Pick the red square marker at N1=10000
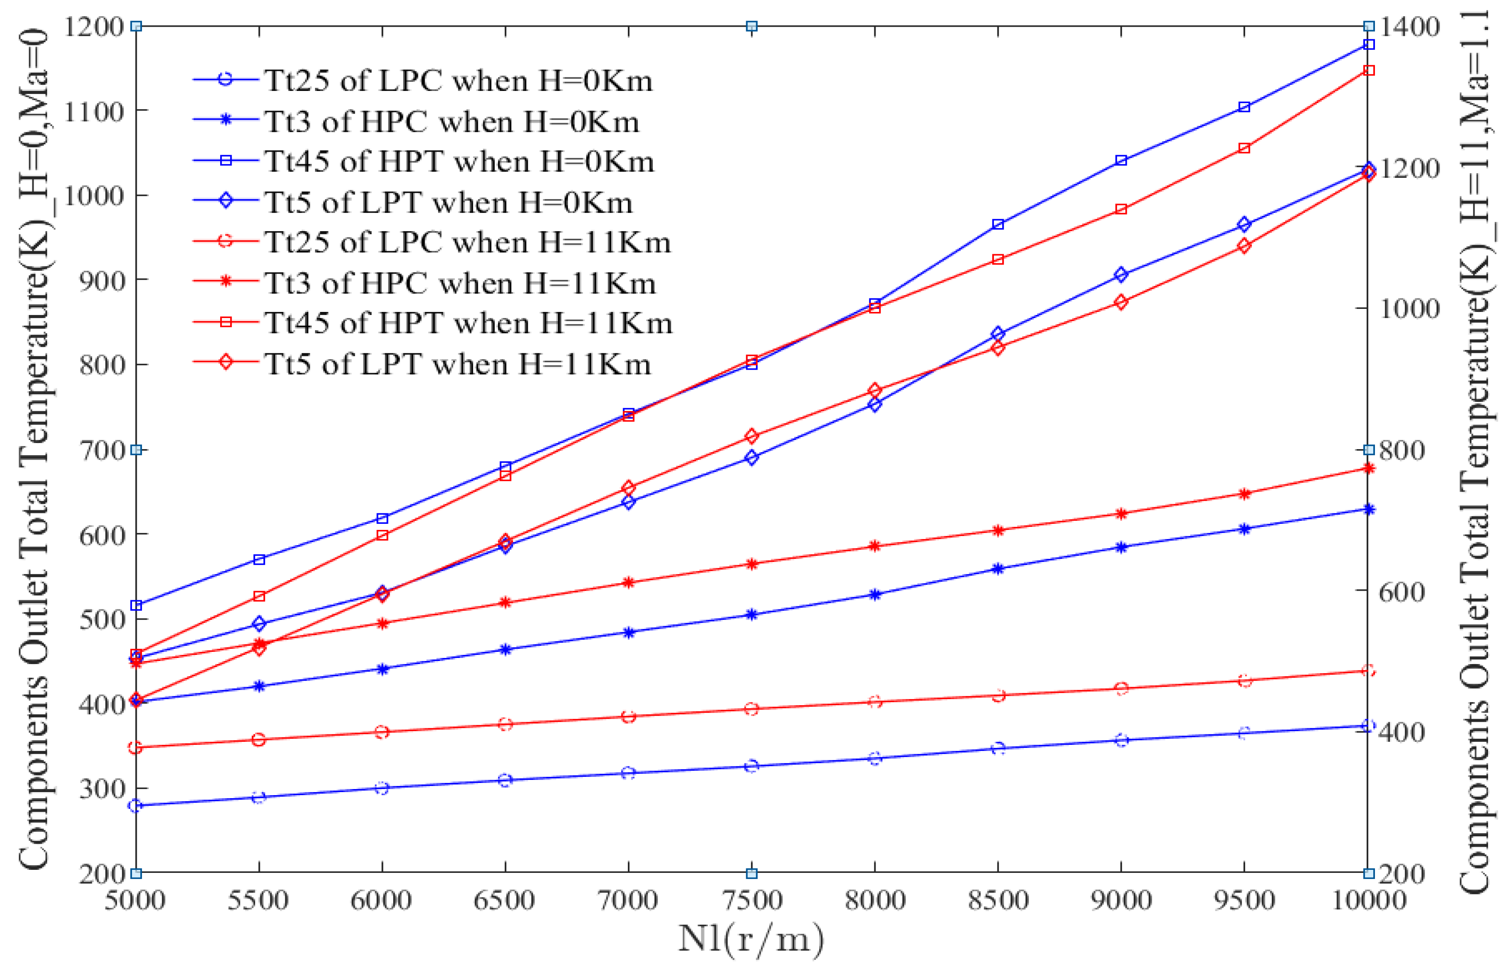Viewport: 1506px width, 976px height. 1368,70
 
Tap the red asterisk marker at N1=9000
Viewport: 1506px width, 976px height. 1121,514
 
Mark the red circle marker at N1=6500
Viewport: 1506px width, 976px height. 505,724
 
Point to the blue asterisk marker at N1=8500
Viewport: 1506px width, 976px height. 998,569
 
